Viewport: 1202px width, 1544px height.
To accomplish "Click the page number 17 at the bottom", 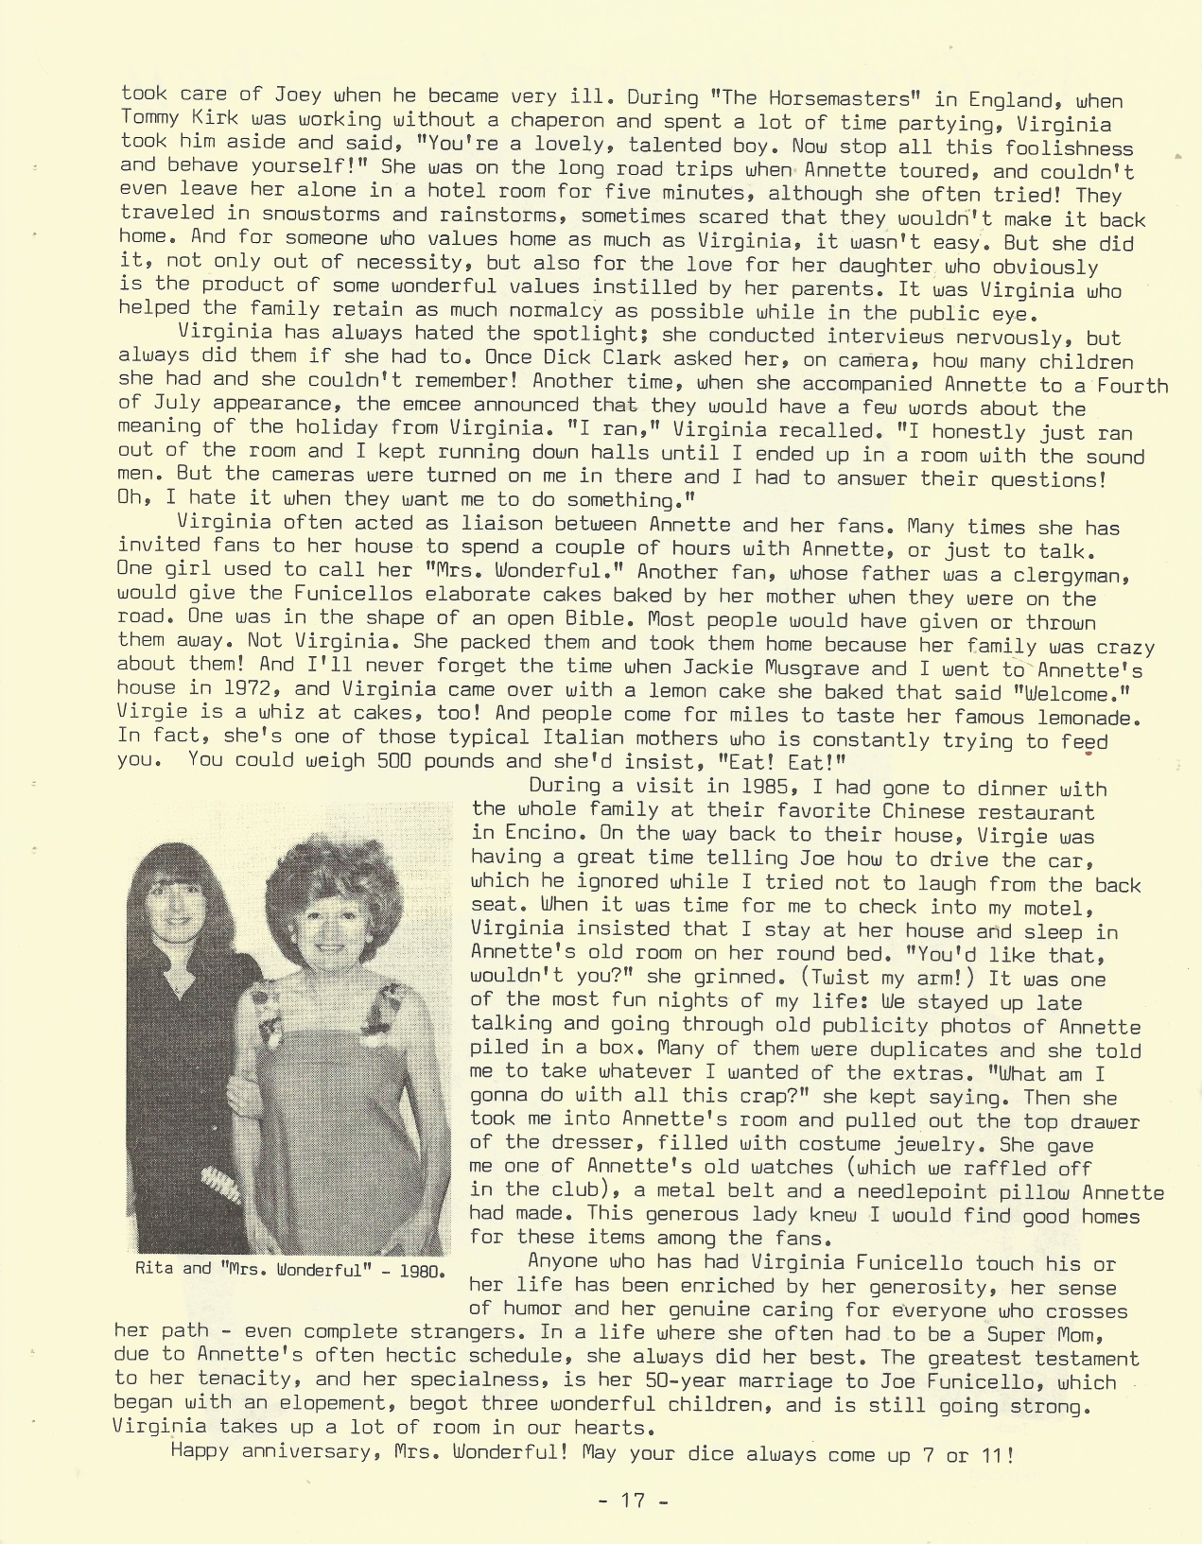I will click(633, 1500).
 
